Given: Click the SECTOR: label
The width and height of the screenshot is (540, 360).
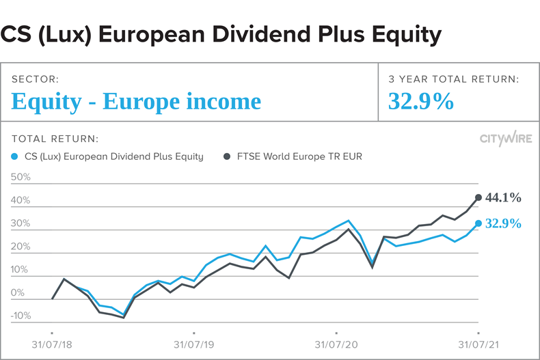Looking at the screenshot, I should coord(34,79).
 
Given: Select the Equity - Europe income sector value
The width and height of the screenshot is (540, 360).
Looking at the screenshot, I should coord(136,101).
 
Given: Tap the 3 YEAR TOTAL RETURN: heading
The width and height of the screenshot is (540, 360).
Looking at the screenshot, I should coord(453,79).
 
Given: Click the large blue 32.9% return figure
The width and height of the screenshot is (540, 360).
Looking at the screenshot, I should coord(421,101).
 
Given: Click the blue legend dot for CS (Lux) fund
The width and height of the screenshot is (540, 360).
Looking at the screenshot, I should coord(16,156).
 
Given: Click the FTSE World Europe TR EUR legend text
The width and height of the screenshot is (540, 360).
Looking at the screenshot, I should coord(299,156).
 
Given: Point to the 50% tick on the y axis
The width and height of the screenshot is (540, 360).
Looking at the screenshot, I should coord(21,177).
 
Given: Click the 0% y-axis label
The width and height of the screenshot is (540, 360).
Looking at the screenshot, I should coord(18,293).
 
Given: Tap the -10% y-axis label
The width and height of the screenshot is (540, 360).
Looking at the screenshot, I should coord(21,316).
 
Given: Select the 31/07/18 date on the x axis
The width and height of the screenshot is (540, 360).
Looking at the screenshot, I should coord(52,344).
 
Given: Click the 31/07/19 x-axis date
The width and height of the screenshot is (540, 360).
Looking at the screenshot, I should coord(194,344).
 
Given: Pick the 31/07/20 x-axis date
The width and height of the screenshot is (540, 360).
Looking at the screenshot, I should coord(336,344).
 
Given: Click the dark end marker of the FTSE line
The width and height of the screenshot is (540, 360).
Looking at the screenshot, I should coord(478,198).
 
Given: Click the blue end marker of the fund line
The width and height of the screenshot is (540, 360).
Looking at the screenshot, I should coord(478,223).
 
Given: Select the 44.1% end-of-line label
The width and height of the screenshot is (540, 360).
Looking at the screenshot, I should coord(503,198).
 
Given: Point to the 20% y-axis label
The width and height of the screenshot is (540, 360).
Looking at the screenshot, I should coord(21,247).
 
